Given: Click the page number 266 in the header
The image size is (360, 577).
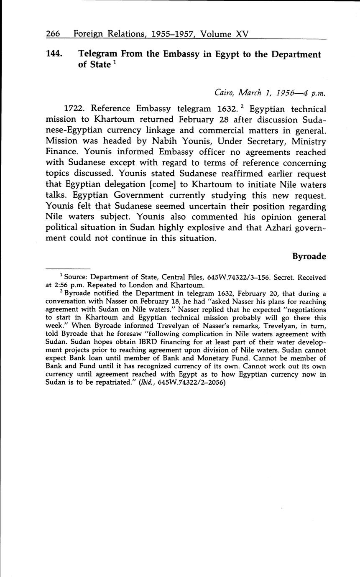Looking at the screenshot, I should click(53, 33).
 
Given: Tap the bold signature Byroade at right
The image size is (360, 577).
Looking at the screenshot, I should click(309, 256).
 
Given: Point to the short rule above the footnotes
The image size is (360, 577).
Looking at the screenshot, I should click(68, 268).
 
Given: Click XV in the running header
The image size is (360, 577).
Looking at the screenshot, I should click(242, 33).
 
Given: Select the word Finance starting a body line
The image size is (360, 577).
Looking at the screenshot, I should click(60, 152).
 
